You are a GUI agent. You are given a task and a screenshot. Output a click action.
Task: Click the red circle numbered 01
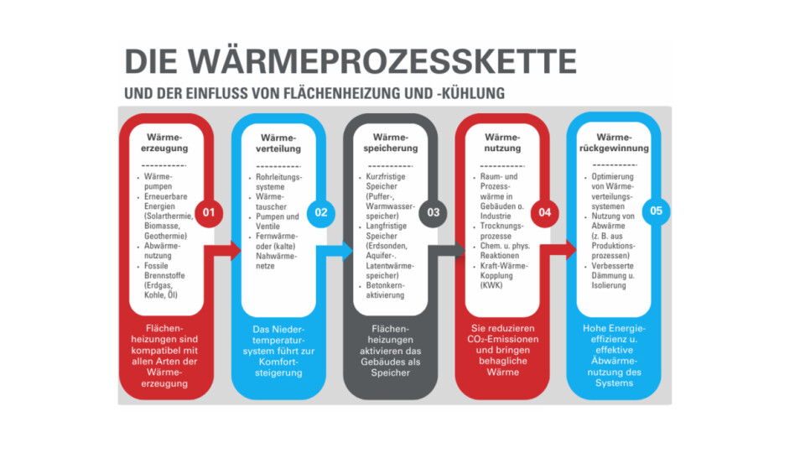click(x=209, y=212)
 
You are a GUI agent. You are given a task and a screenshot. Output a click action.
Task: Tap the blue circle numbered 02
click(x=321, y=212)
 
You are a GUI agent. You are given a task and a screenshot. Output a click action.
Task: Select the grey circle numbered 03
click(x=433, y=212)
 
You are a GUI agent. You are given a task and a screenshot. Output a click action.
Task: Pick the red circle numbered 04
click(x=545, y=212)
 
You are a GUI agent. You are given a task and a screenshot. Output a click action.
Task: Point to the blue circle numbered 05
click(x=656, y=211)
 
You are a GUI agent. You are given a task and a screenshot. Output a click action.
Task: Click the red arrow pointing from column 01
click(x=223, y=251)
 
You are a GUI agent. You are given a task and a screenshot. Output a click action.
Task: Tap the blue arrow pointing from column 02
click(x=335, y=251)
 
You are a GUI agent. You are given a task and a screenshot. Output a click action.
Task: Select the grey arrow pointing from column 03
click(x=447, y=251)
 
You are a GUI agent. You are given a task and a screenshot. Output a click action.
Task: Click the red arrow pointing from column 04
click(x=558, y=250)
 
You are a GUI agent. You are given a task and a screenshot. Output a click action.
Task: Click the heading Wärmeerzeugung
click(x=165, y=143)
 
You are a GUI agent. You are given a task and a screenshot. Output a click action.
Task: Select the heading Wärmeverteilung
click(x=278, y=143)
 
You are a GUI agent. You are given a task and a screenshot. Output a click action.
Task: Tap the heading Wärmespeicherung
click(x=391, y=143)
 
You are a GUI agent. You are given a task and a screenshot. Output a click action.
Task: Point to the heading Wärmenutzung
click(x=502, y=143)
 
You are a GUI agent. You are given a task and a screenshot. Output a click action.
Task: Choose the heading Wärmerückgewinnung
click(x=615, y=143)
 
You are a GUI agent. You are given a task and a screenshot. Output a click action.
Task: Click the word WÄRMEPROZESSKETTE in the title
click(x=382, y=61)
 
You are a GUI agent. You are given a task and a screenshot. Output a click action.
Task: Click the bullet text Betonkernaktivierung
click(x=385, y=290)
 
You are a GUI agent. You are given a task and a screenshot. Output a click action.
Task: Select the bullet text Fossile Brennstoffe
click(x=164, y=271)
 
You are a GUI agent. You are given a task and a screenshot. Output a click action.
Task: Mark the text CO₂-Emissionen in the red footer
click(x=502, y=340)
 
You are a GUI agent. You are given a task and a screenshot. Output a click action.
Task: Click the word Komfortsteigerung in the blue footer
click(x=278, y=367)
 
